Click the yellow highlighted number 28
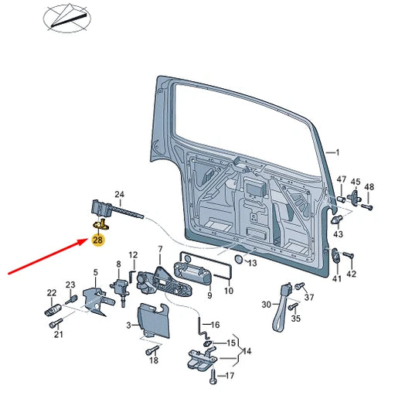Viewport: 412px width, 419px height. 98,240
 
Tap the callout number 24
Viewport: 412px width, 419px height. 120,194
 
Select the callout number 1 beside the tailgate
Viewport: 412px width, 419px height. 337,152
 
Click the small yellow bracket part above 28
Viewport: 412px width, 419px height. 100,224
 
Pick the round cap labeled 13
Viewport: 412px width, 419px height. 238,259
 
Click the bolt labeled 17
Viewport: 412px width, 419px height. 213,376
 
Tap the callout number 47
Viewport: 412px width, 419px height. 341,179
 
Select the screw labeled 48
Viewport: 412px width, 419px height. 367,206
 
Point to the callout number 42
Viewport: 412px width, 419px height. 351,274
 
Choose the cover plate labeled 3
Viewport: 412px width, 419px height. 153,320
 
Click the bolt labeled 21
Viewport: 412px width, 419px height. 56,323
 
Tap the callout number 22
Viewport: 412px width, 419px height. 52,293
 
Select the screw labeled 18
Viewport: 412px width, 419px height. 152,349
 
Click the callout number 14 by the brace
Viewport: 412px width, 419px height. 247,351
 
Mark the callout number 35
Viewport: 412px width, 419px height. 296,319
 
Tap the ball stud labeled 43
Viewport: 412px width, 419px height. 337,220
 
